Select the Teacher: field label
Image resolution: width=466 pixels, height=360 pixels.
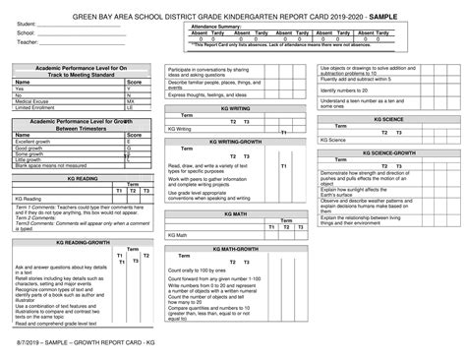coord(27,42)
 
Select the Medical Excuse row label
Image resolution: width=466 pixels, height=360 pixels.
coord(33,100)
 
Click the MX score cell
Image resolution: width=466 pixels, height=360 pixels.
coord(131,100)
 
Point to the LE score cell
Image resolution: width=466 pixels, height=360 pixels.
coord(131,107)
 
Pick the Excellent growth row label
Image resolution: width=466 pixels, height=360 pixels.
coord(33,142)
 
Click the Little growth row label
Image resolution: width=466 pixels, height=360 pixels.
coord(29,159)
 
